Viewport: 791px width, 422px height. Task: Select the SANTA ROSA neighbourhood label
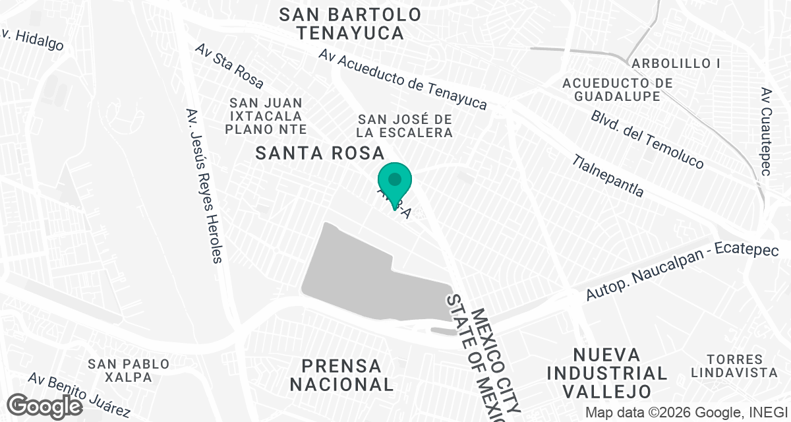pyautogui.click(x=320, y=154)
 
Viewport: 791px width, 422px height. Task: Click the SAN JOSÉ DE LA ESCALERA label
pyautogui.click(x=405, y=125)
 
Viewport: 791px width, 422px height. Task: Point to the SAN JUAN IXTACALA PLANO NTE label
pyautogui.click(x=266, y=115)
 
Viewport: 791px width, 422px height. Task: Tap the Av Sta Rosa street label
pyautogui.click(x=229, y=67)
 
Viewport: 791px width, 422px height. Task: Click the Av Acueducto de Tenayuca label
pyautogui.click(x=402, y=80)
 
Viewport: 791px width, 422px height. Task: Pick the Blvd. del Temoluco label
pyautogui.click(x=647, y=138)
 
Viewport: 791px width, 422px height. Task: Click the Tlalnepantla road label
pyautogui.click(x=608, y=176)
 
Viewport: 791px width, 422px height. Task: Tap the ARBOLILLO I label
pyautogui.click(x=676, y=63)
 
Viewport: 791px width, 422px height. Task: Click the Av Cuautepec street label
pyautogui.click(x=765, y=132)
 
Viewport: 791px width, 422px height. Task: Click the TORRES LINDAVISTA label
pyautogui.click(x=734, y=366)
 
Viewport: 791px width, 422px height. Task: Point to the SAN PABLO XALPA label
pyautogui.click(x=129, y=371)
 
